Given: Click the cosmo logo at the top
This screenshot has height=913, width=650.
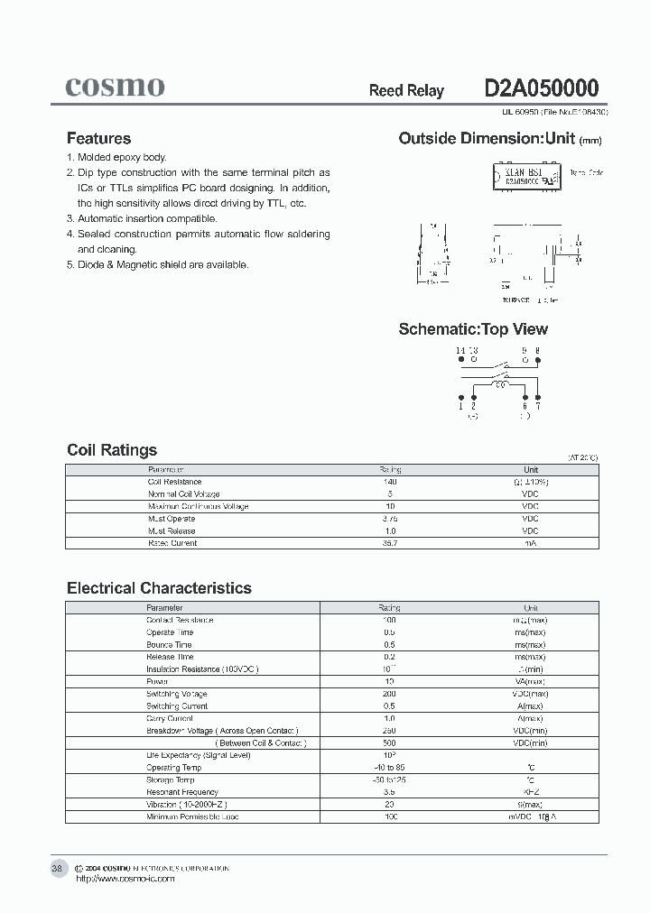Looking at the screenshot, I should pos(115,87).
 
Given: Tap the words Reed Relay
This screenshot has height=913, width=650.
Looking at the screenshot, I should pos(406,91).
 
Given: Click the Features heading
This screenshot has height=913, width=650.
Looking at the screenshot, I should pos(98,138).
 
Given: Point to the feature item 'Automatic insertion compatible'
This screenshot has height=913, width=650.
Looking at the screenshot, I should pos(147,218).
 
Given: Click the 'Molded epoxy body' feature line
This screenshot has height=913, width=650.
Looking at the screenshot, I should pos(122,157).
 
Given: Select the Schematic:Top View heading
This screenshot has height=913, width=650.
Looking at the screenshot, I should pos(473,329).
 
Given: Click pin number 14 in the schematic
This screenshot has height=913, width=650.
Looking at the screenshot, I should pos(460,350).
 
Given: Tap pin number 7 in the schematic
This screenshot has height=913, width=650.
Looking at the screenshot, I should pos(538,408).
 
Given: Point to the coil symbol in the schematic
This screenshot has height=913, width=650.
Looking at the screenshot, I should pos(499,384).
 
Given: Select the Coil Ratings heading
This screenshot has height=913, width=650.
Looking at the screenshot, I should pos(112,450).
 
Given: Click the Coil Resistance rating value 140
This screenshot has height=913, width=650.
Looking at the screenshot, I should pos(390,482).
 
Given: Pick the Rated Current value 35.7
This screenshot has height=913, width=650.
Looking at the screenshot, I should pos(390,543).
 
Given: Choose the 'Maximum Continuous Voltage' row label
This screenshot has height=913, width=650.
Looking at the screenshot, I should pos(198,506).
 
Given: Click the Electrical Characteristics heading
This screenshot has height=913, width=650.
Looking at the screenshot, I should pos(159,588).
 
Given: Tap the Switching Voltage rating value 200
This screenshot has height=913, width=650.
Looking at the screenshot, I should pos(390,694).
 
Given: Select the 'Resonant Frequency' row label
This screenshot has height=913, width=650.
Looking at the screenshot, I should pos(182,792).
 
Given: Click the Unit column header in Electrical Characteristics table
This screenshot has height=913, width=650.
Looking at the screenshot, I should pos(530,608).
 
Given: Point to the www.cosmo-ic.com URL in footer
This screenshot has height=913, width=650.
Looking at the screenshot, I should pos(125,879).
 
